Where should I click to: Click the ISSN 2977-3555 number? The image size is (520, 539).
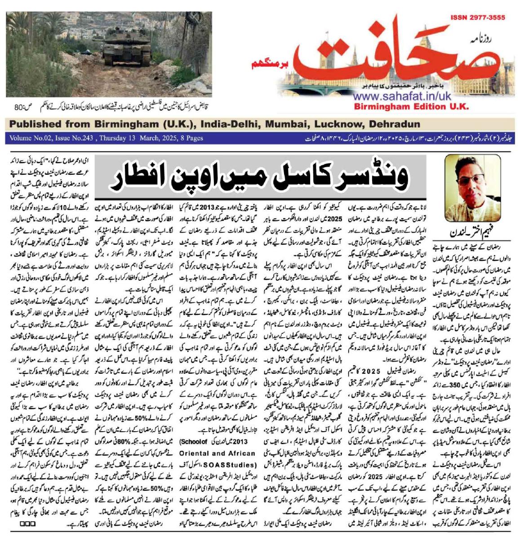coord(477,18)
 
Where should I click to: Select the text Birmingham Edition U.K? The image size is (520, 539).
coord(411,107)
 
